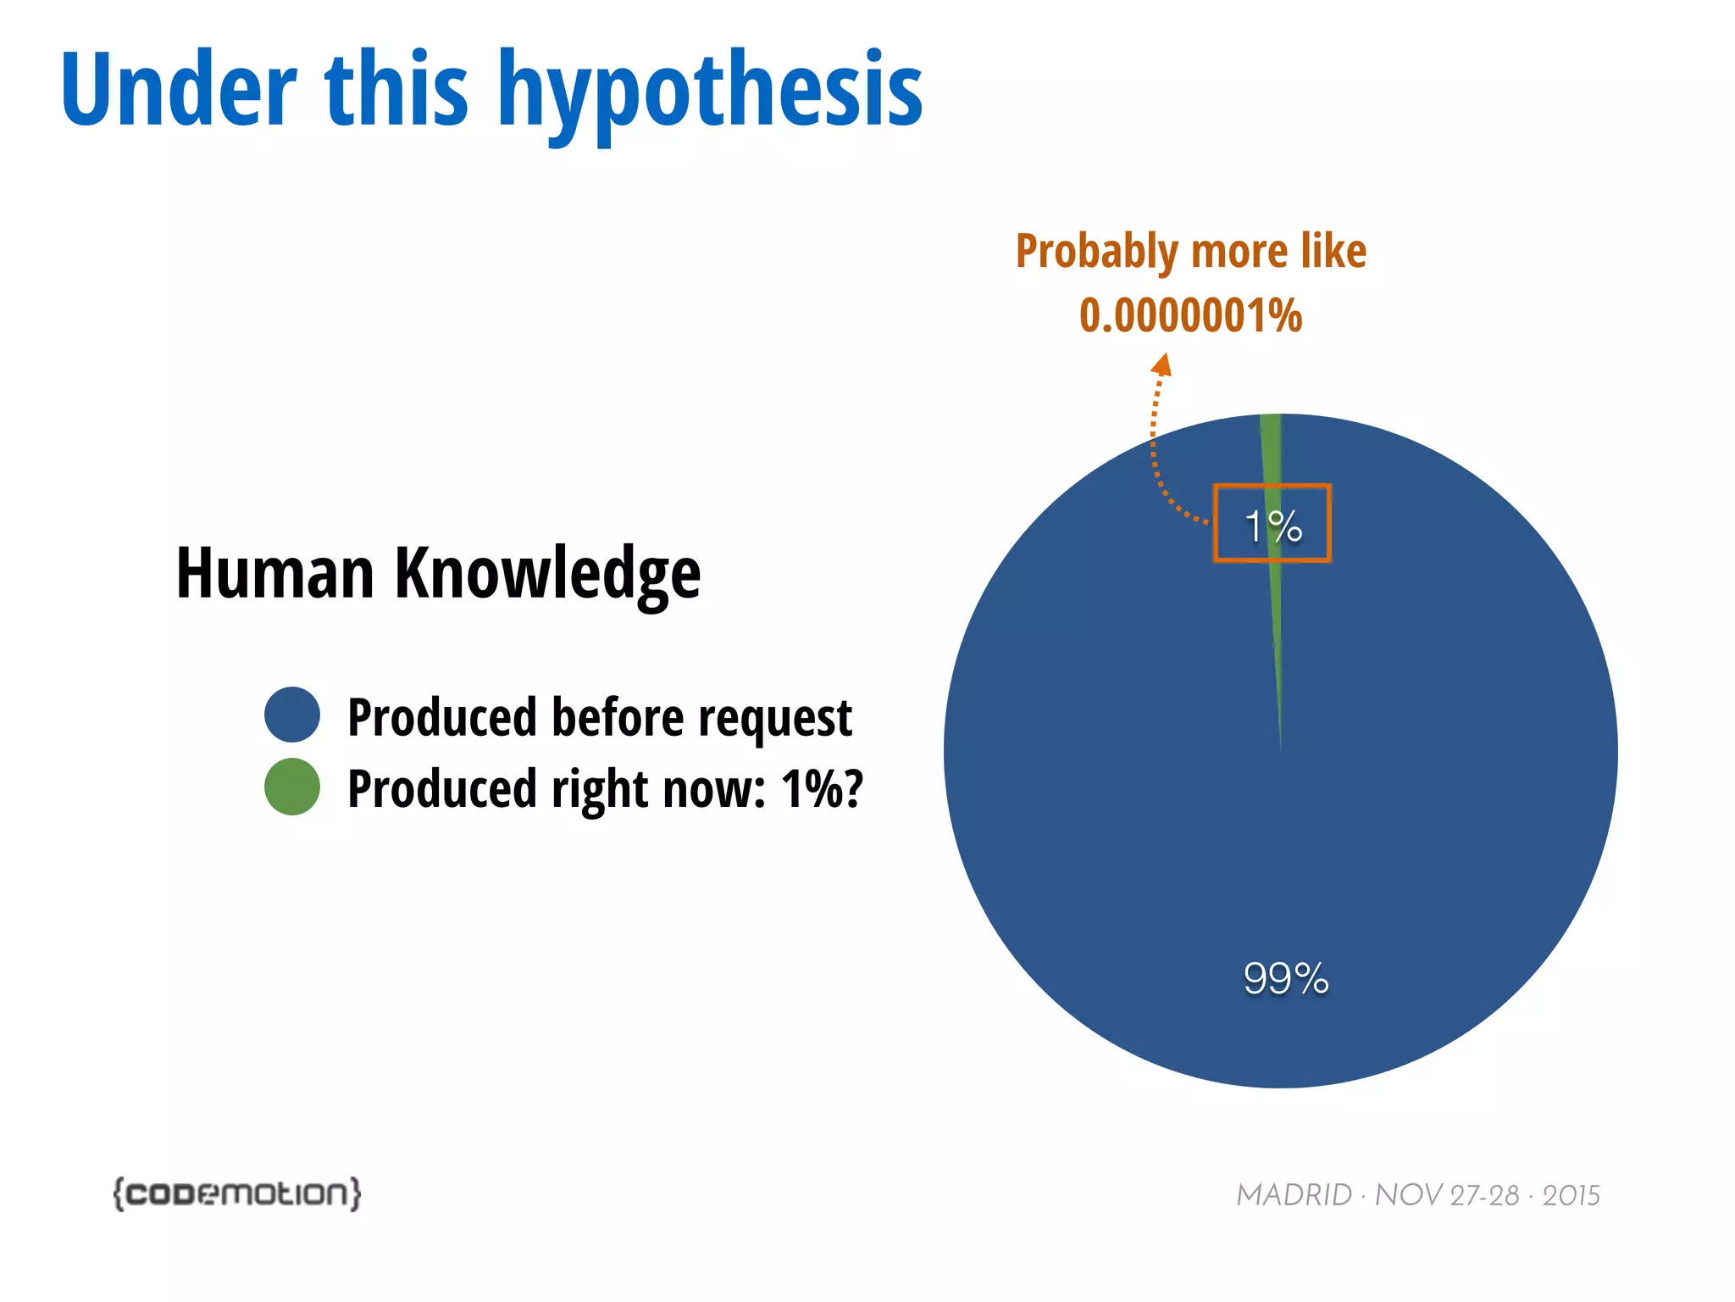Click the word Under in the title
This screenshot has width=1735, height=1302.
pos(179,90)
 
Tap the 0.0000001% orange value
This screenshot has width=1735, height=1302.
pos(1190,315)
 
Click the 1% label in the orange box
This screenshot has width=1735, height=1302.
pos(1272,526)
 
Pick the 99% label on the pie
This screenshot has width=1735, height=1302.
pos(1285,978)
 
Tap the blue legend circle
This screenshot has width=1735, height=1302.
pos(292,715)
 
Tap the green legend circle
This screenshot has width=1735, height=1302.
pos(292,787)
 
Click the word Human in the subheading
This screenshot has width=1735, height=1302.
pos(274,573)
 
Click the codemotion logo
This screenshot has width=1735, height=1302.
pos(237,1193)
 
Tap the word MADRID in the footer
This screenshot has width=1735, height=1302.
pos(1294,1195)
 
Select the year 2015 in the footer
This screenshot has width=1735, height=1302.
pos(1571,1195)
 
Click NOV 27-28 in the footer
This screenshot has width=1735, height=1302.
pos(1446,1195)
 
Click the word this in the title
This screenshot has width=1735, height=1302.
pos(396,90)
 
